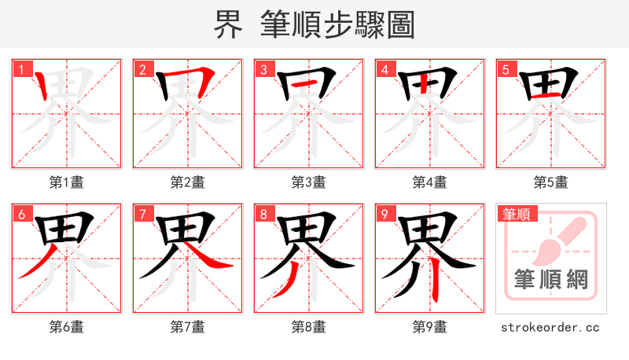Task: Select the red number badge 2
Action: (142, 69)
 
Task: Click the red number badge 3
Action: (263, 69)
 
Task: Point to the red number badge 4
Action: (384, 69)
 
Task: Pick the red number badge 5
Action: (506, 69)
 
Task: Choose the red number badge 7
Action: (142, 214)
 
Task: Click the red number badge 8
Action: (263, 214)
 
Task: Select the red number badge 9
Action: (384, 214)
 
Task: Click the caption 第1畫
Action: (66, 182)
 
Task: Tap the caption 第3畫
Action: (308, 182)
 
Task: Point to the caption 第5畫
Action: (550, 182)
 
